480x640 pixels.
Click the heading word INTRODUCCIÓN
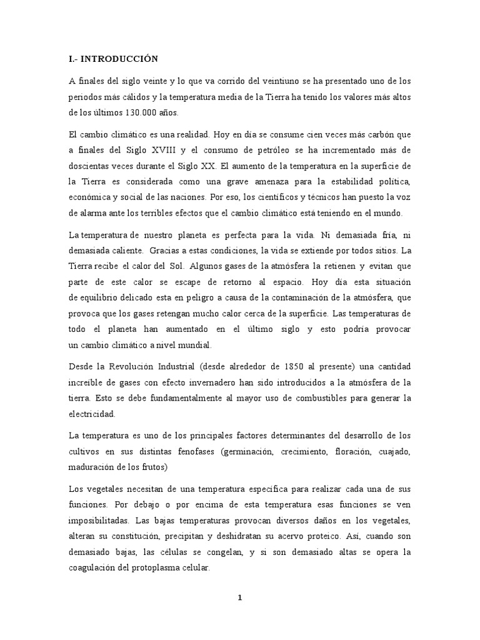point(119,59)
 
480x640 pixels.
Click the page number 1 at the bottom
point(240,597)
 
